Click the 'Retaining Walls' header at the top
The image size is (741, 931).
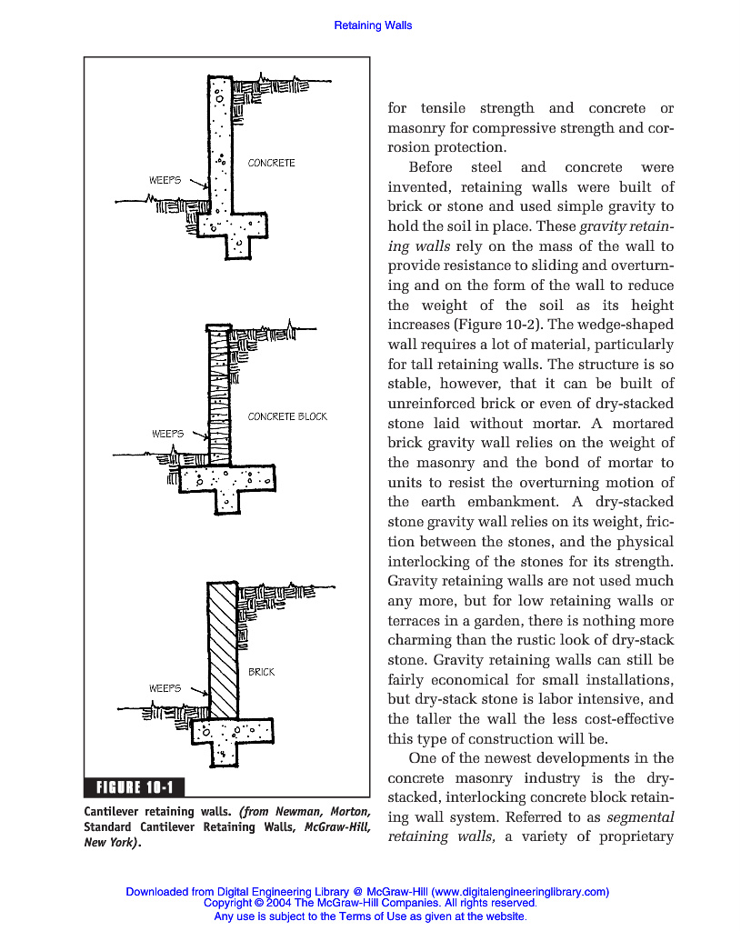click(x=373, y=25)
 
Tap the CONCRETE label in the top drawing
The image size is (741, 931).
click(x=272, y=163)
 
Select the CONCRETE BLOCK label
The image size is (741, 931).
click(x=287, y=416)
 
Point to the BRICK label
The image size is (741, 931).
click(x=262, y=672)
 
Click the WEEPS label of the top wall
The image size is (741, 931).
click(x=165, y=180)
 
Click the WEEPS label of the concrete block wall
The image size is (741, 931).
click(x=166, y=434)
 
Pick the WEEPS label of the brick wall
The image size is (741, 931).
click(x=165, y=688)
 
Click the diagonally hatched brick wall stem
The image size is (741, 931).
click(x=223, y=650)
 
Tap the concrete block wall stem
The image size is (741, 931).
click(x=219, y=395)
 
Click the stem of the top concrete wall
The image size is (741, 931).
click(x=220, y=145)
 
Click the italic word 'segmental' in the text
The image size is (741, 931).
click(x=639, y=817)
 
